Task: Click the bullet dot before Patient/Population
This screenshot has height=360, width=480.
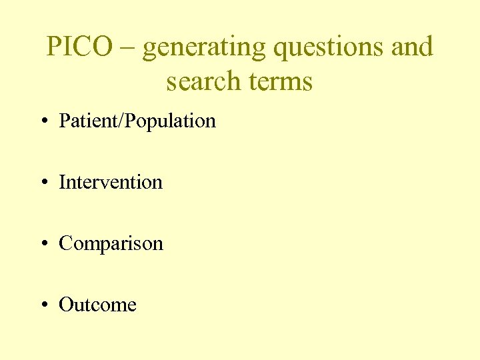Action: click(43, 122)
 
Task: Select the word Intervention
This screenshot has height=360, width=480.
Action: click(111, 182)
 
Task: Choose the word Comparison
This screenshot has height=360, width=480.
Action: click(111, 244)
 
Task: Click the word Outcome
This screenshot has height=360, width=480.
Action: click(97, 305)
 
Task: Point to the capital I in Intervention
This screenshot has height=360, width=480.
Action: click(62, 182)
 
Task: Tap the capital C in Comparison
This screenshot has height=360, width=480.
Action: click(65, 243)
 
